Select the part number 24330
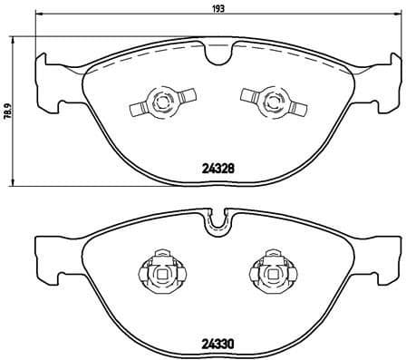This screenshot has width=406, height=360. [213, 344]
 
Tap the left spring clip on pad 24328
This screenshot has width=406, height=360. [159, 102]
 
